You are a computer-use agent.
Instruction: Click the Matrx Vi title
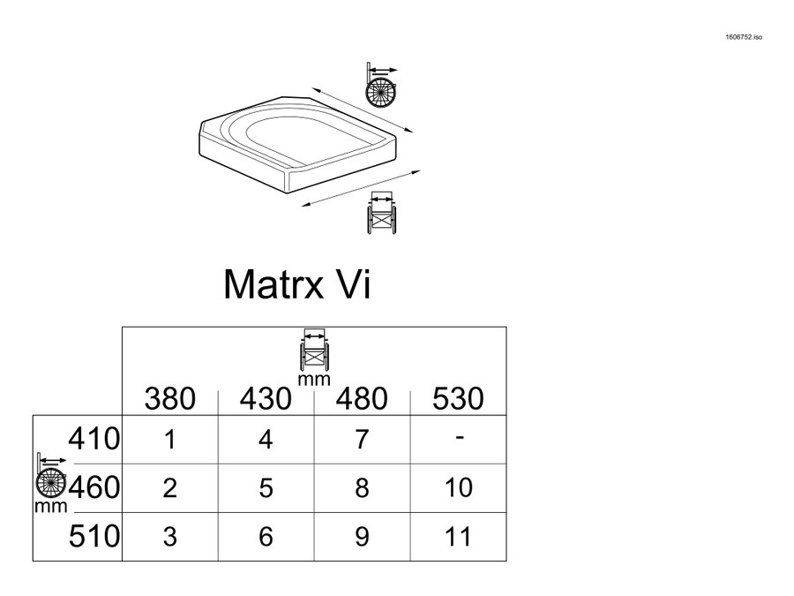tap(297, 284)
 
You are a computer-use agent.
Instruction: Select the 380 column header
tap(169, 398)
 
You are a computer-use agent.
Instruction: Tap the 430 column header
tap(266, 398)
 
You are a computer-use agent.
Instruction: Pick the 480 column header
tap(362, 398)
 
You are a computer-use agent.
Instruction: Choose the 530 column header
tap(458, 398)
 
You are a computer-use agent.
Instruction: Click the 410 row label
tap(94, 439)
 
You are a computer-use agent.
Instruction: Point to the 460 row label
tap(94, 487)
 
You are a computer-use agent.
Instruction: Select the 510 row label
tap(94, 536)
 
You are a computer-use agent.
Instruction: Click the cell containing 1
tap(170, 440)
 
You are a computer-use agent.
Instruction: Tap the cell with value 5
tap(266, 488)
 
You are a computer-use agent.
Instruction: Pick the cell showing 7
tap(362, 440)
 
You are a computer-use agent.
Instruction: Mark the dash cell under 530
tap(458, 440)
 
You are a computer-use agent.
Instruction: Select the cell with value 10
tap(458, 488)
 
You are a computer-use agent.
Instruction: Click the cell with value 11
tap(458, 537)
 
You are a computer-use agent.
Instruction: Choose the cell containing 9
tap(362, 537)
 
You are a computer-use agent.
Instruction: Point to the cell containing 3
tap(170, 537)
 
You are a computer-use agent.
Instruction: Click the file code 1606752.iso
tap(744, 37)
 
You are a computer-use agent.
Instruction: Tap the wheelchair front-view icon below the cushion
tap(381, 212)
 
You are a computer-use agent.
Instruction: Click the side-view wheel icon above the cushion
tap(381, 85)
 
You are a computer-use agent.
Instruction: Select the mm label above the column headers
tap(314, 380)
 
